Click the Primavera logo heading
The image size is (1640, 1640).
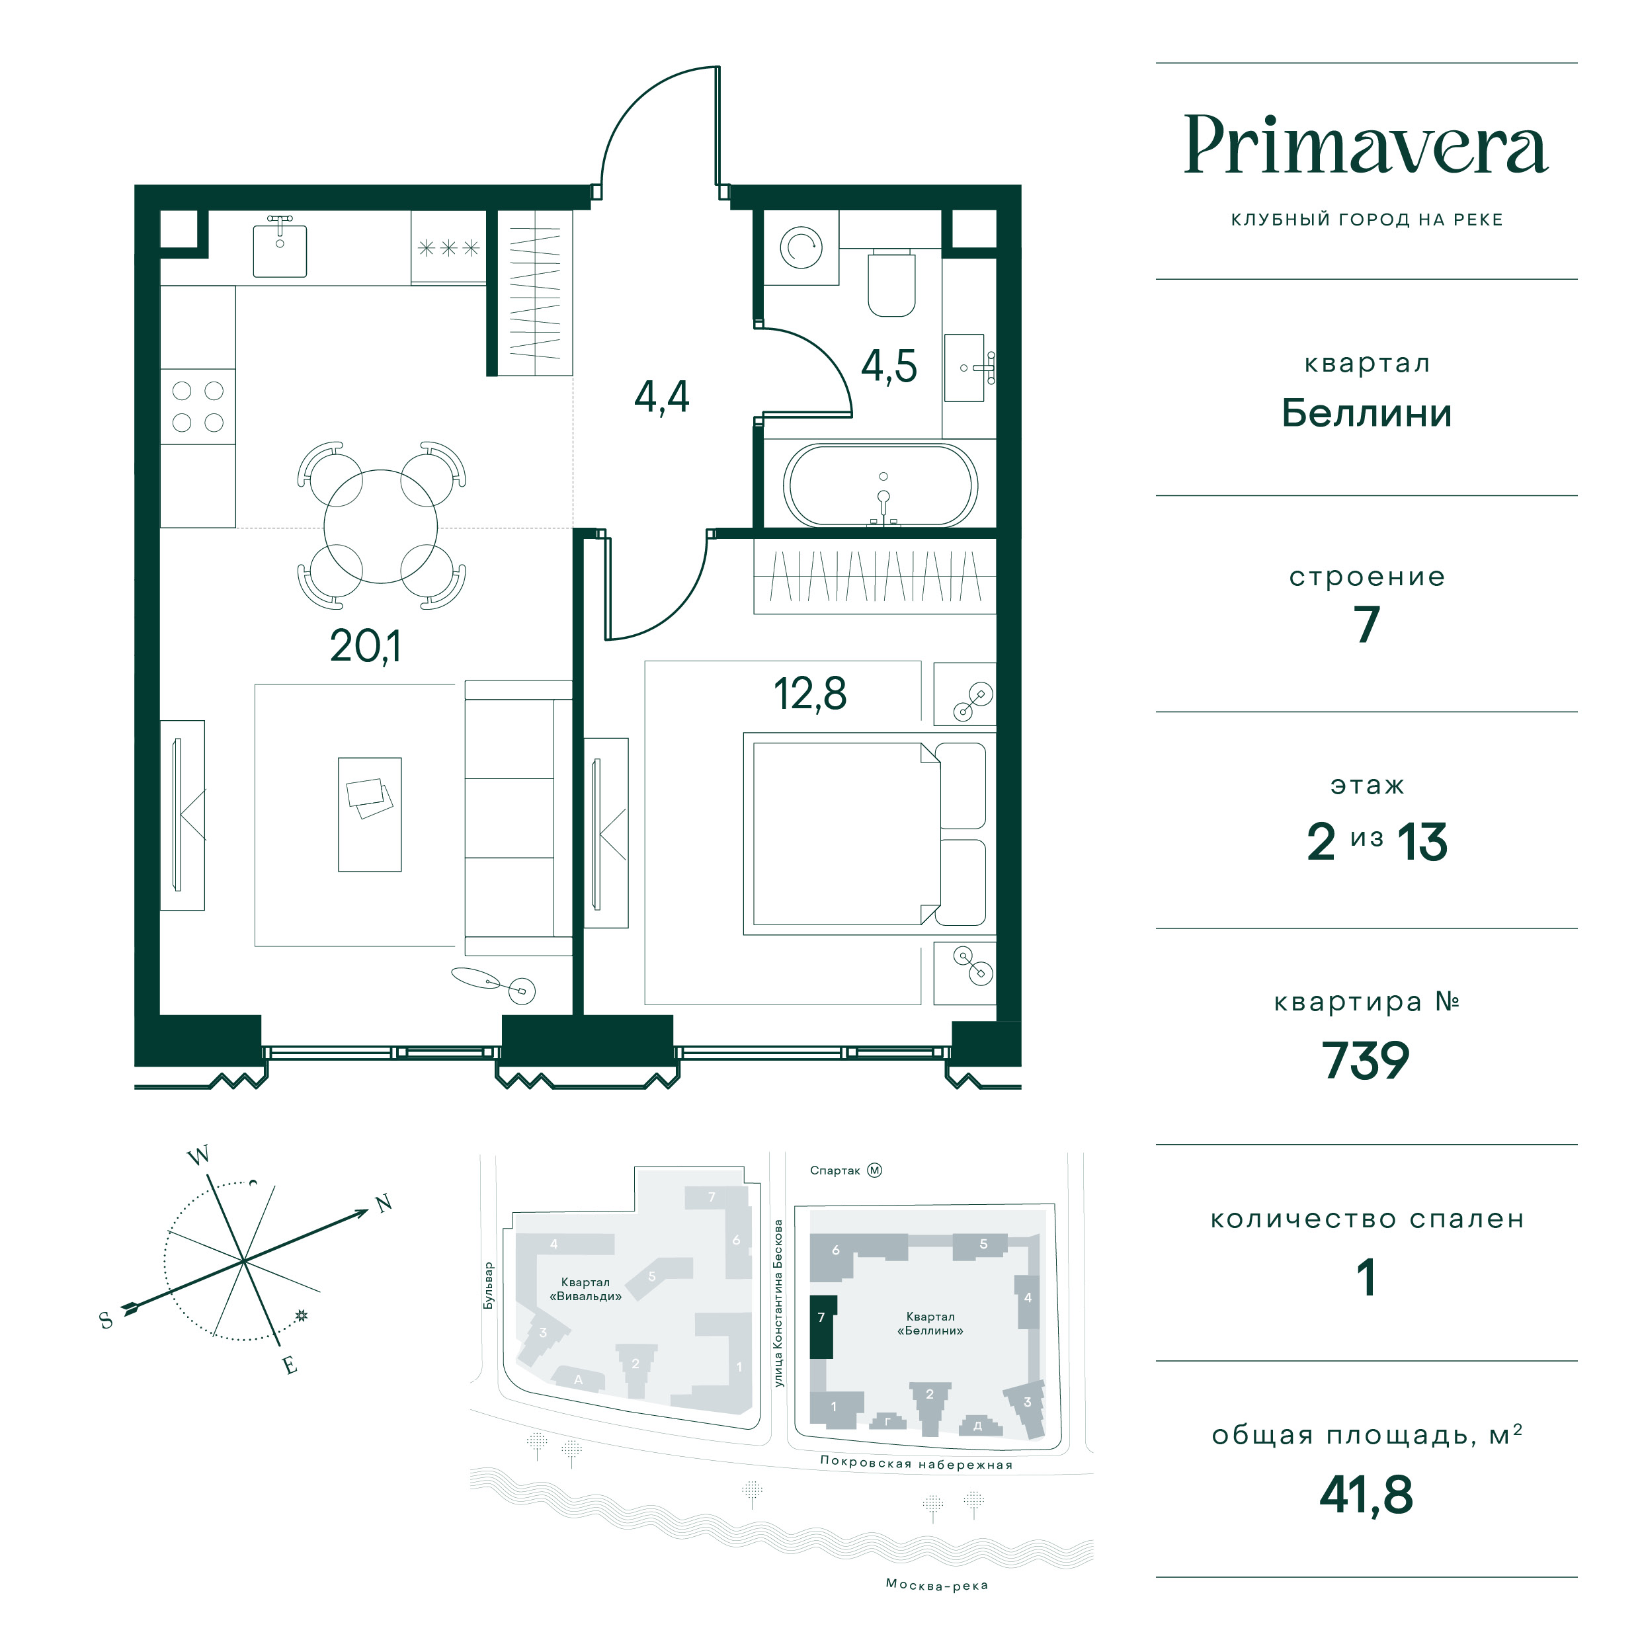tap(1366, 145)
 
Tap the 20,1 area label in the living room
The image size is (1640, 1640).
tap(365, 647)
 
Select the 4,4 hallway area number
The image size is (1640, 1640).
tap(662, 396)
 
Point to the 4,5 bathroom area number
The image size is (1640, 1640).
tap(889, 367)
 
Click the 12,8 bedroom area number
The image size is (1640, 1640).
tap(810, 694)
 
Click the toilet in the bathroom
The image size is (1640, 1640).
tap(891, 282)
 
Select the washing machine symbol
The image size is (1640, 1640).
tap(800, 247)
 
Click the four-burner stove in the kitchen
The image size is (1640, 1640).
tap(198, 407)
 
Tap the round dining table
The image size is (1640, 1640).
tap(380, 526)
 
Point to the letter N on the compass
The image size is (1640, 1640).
tap(384, 1203)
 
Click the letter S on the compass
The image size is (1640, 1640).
tap(106, 1320)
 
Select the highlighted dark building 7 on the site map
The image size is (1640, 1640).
tap(822, 1327)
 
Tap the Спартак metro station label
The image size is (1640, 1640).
tap(835, 1170)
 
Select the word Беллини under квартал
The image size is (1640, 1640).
tap(1366, 413)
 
